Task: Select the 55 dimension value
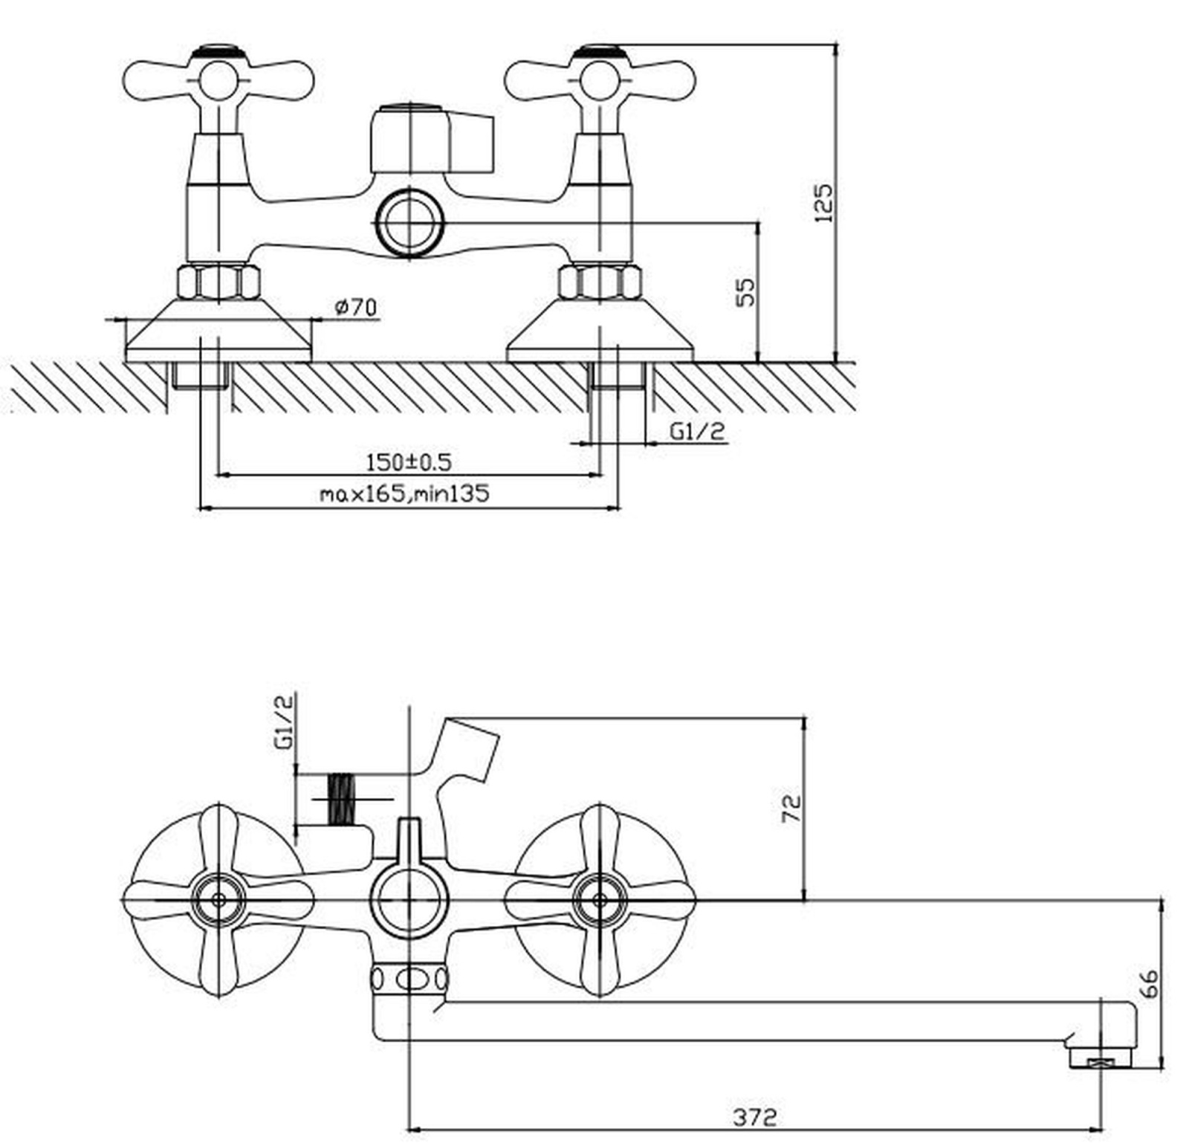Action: pos(745,292)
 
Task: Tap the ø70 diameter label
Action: pos(356,307)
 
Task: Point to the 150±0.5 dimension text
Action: pos(409,462)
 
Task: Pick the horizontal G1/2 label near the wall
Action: pos(697,431)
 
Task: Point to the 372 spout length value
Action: pos(755,1117)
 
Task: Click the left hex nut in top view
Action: pos(218,282)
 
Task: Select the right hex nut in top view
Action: pos(600,282)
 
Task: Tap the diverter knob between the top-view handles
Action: pos(431,139)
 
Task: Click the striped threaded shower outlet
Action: pos(341,800)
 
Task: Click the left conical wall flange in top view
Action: pos(218,331)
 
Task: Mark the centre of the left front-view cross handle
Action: pos(218,900)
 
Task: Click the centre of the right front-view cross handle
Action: pos(600,900)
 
